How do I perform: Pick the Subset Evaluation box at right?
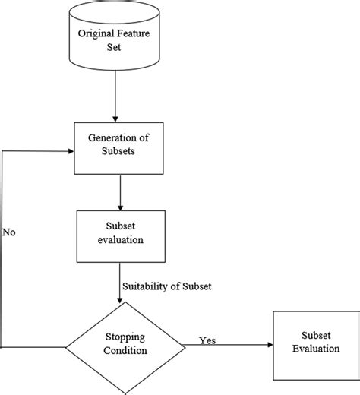pyautogui.click(x=312, y=346)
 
